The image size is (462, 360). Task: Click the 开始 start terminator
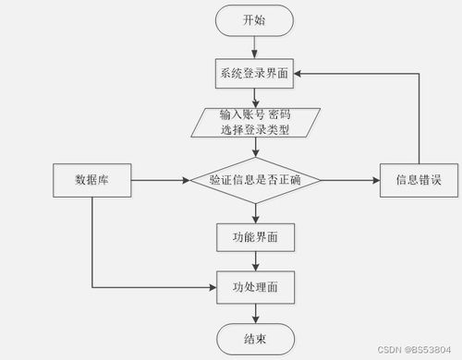pos(254,19)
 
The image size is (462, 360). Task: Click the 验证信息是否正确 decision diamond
pos(254,180)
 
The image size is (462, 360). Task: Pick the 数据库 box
pos(92,180)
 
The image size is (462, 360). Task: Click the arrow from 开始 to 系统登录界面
pos(254,46)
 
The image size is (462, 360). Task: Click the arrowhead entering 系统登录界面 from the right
pos(301,74)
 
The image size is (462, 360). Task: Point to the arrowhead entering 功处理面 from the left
pos(212,287)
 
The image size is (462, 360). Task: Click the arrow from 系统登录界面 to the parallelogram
pos(254,98)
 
